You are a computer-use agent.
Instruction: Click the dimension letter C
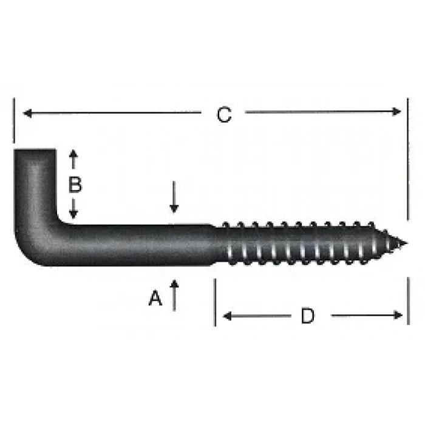225,115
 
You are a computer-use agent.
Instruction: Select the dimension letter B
74,185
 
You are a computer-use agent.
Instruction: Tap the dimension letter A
156,298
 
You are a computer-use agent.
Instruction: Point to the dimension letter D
308,316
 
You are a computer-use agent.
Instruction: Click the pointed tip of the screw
404,245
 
